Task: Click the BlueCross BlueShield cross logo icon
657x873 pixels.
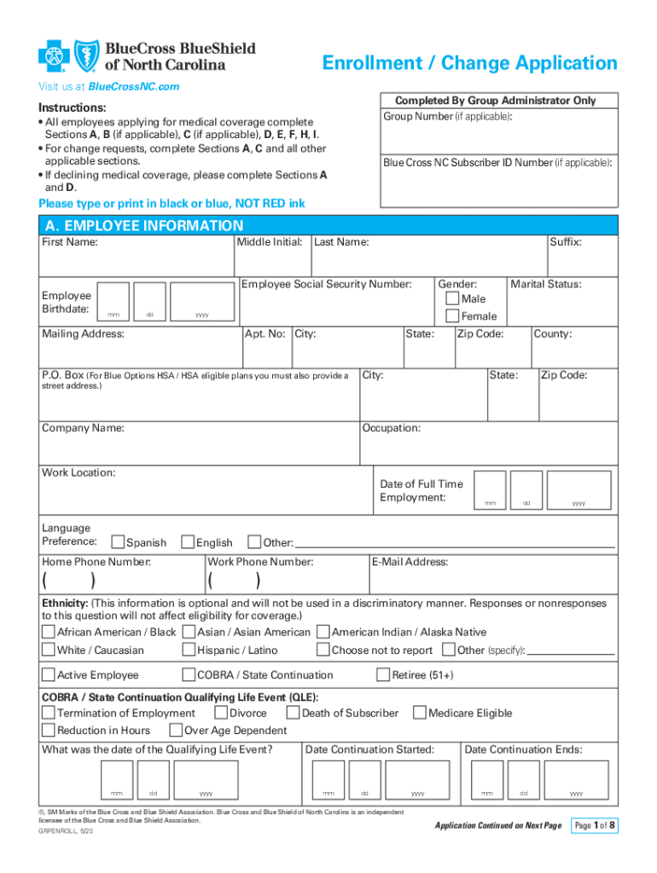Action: (53, 56)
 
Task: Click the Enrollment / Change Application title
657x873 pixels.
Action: (468, 63)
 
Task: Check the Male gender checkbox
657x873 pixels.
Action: (452, 299)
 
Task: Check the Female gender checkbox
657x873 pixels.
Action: (452, 316)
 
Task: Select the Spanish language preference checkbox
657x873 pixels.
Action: (118, 542)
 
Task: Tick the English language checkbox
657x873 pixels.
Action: (189, 542)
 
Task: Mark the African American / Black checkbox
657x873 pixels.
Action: (49, 632)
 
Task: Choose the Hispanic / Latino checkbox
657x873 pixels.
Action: (189, 650)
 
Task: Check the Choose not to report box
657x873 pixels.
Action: (323, 650)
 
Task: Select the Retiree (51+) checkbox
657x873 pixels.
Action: (383, 675)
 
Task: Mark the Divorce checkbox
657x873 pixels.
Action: (221, 713)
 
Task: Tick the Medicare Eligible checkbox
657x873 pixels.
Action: (419, 713)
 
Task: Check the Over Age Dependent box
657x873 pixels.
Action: (176, 731)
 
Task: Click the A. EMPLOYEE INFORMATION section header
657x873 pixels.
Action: (142, 226)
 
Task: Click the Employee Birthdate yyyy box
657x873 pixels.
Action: (201, 303)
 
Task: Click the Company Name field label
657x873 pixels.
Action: (84, 428)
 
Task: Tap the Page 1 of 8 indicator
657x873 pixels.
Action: (595, 825)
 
